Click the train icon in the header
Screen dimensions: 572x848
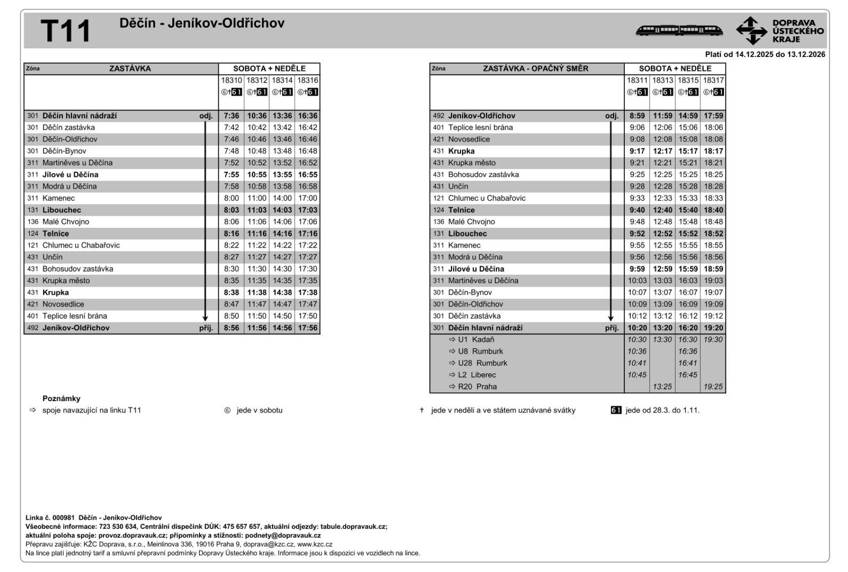click(x=679, y=31)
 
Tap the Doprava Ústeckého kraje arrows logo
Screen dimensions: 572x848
click(x=751, y=31)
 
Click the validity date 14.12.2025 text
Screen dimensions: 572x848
click(x=753, y=54)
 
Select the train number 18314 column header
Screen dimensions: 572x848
click(x=282, y=80)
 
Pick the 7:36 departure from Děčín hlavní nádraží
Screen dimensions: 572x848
click(x=231, y=116)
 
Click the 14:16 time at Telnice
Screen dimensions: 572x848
click(x=282, y=234)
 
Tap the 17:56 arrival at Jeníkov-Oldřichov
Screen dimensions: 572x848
click(x=307, y=328)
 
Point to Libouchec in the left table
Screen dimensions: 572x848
click(x=61, y=210)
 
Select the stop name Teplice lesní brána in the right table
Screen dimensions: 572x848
click(x=480, y=128)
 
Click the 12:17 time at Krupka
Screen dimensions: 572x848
click(x=663, y=151)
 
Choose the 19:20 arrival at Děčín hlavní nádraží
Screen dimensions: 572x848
click(x=713, y=328)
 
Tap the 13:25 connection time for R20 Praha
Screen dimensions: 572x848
click(x=663, y=387)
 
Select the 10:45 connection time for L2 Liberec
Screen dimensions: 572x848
click(x=637, y=375)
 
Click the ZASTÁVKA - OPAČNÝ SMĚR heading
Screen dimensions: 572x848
click(x=535, y=69)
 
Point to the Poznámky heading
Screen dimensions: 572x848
click(x=61, y=399)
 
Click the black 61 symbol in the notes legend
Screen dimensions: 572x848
click(x=616, y=410)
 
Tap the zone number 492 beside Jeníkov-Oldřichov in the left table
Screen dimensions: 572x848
click(x=33, y=328)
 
